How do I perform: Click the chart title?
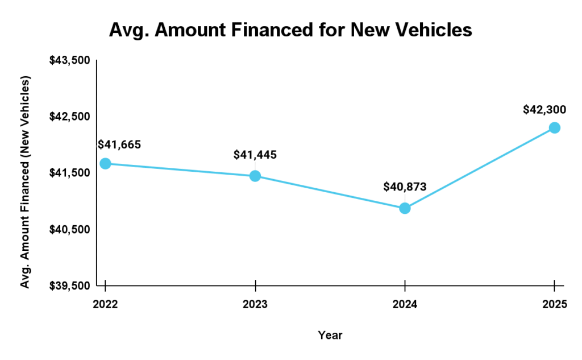[x=290, y=30]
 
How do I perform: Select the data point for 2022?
[x=105, y=164]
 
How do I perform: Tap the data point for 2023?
[x=255, y=176]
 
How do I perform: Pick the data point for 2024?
[x=405, y=208]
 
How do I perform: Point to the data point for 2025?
[x=555, y=127]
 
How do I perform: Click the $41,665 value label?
[x=119, y=144]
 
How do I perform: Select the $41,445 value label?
[x=255, y=155]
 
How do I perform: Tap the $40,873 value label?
[x=405, y=187]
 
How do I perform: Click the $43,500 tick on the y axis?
[x=69, y=61]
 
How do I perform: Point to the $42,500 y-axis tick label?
[x=69, y=117]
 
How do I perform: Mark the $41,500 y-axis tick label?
[x=69, y=173]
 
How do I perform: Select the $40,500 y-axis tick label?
[x=69, y=229]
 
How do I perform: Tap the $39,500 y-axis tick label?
[x=69, y=285]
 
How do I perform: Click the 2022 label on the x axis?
[x=105, y=305]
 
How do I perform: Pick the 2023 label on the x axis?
[x=255, y=305]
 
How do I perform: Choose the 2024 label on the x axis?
[x=405, y=305]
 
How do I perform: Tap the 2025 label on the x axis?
[x=555, y=305]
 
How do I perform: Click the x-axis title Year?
[x=330, y=335]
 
